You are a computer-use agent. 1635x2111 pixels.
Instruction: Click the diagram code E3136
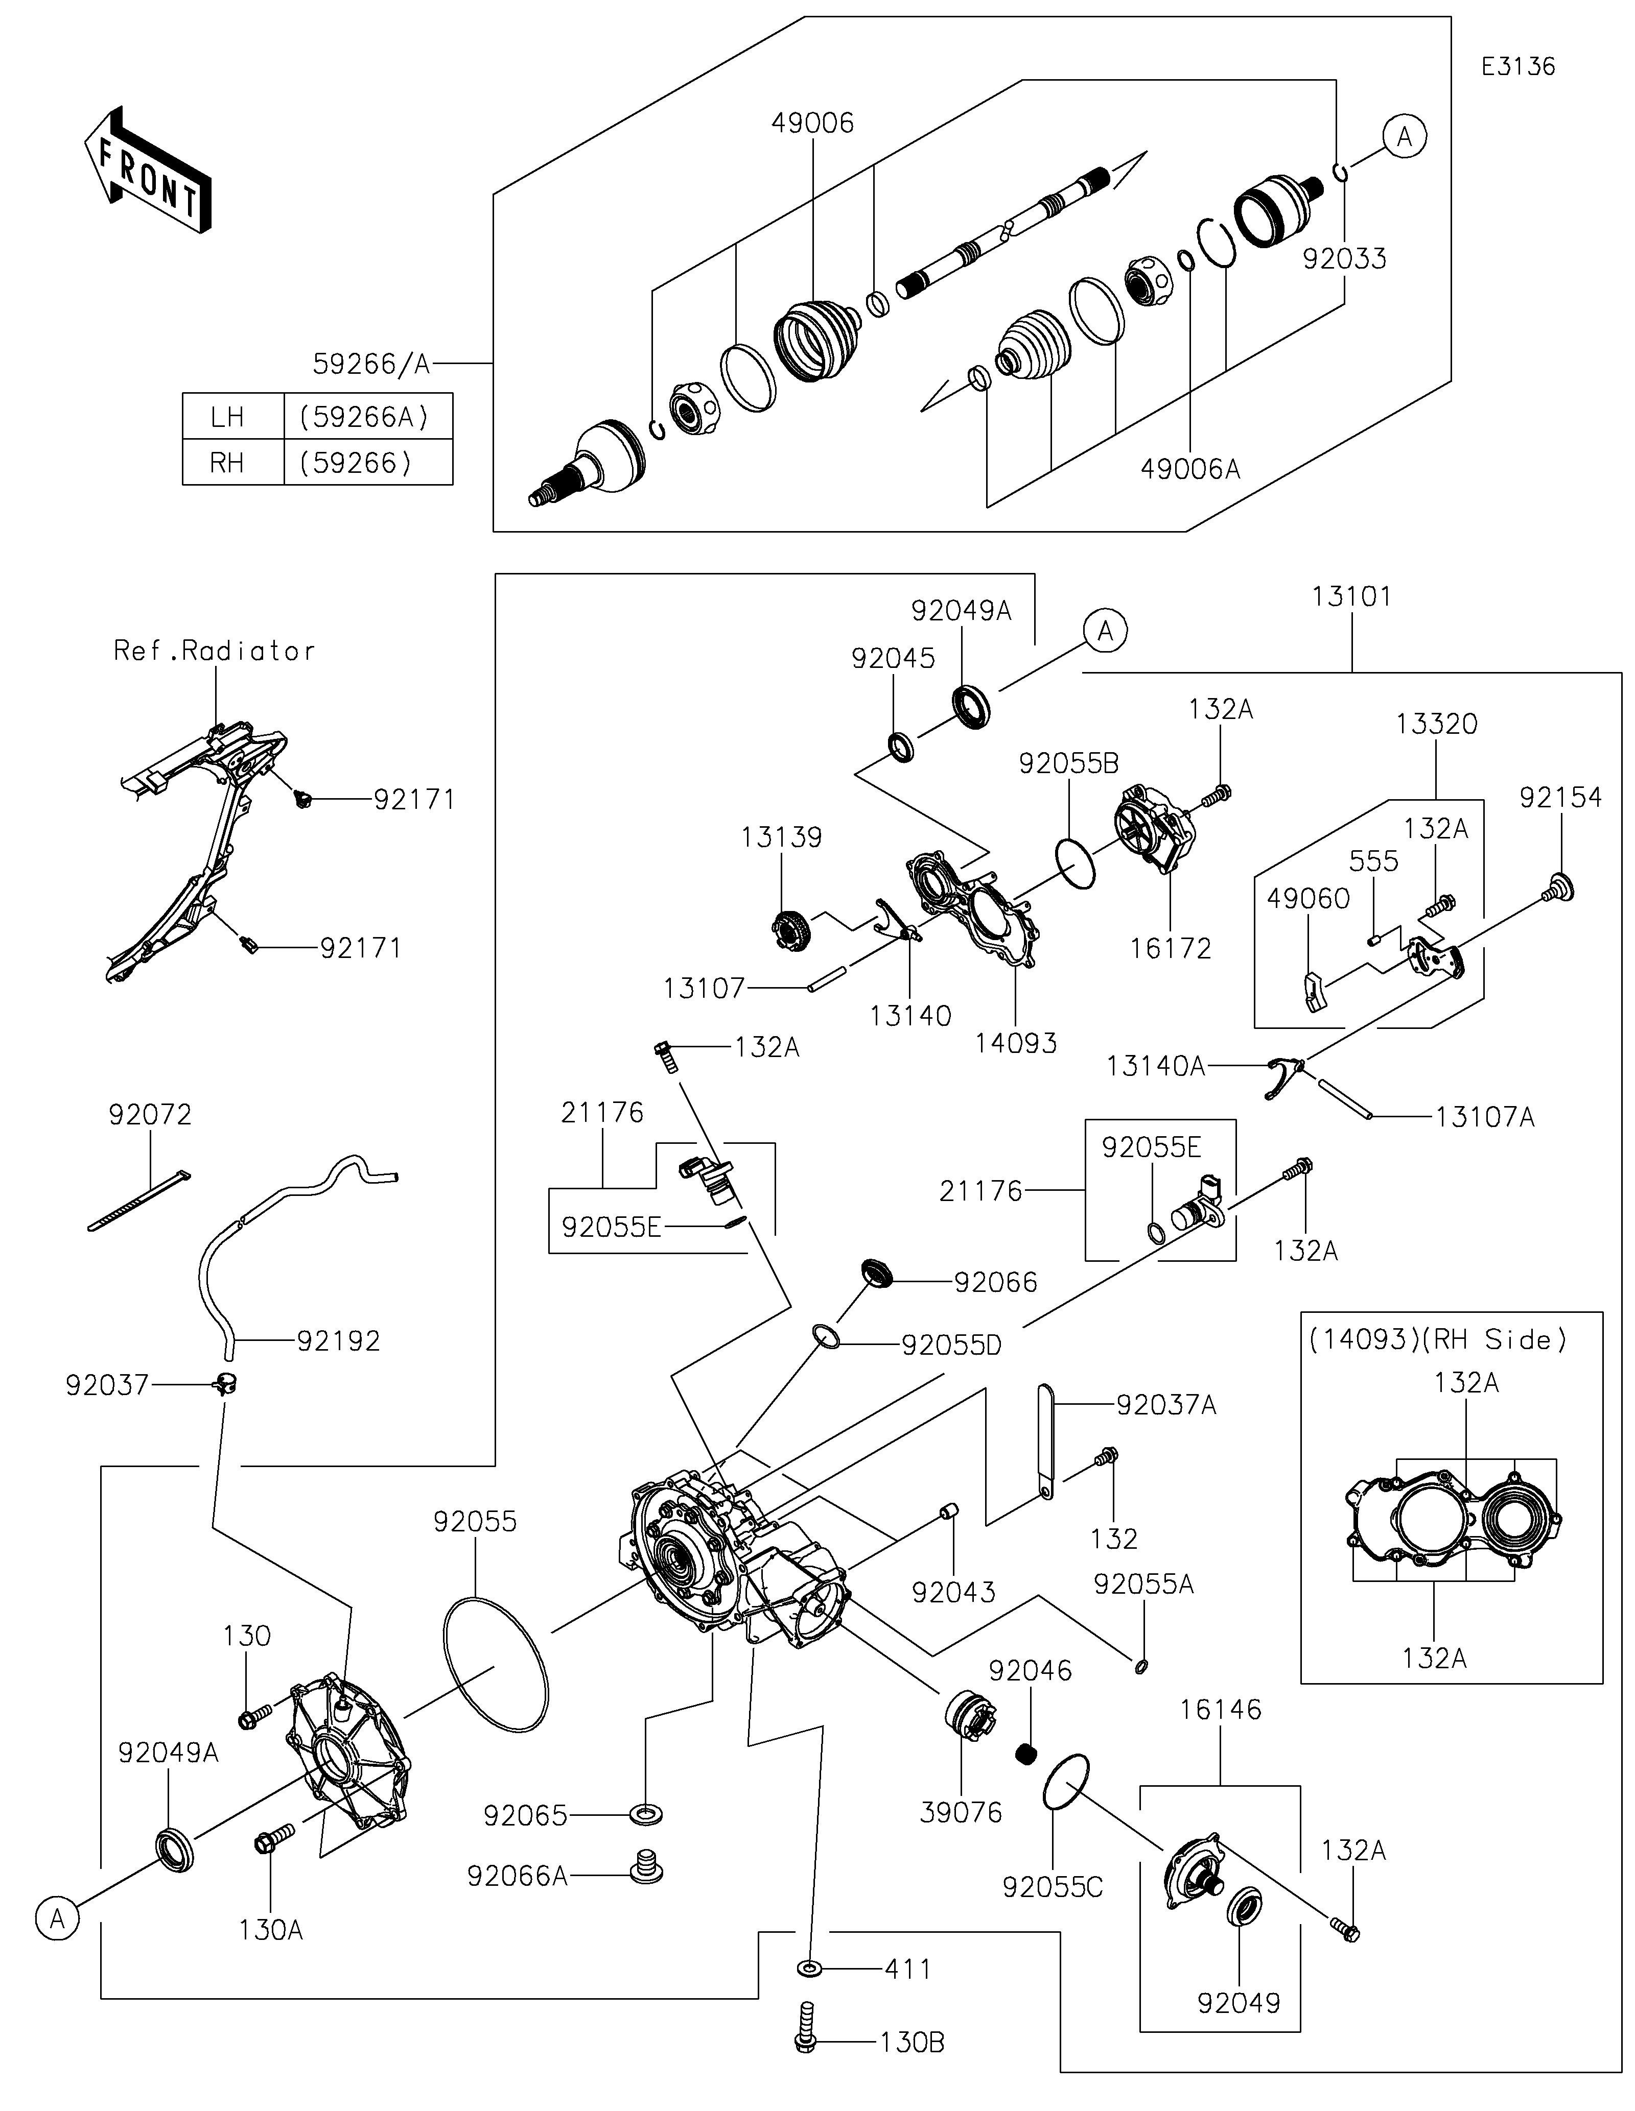pyautogui.click(x=1518, y=67)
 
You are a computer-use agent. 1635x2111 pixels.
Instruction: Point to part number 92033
pyautogui.click(x=1344, y=259)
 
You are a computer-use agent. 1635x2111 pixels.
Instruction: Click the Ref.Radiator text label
pyautogui.click(x=215, y=651)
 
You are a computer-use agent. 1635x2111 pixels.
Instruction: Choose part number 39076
pyautogui.click(x=961, y=1812)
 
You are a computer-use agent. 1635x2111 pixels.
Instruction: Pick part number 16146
pyautogui.click(x=1220, y=1709)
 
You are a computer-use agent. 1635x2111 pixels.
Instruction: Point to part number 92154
pyautogui.click(x=1559, y=798)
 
